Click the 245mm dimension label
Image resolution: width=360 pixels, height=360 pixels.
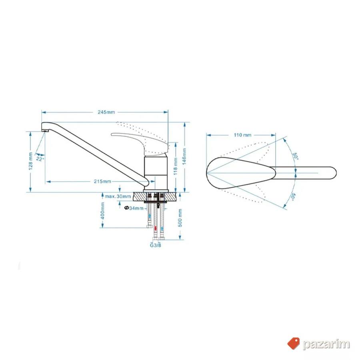(106, 112)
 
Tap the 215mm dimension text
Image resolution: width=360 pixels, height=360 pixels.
(102, 182)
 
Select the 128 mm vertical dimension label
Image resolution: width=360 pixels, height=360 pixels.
(30, 162)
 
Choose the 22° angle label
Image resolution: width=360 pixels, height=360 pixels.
(40, 159)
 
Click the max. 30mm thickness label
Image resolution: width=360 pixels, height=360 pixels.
(118, 196)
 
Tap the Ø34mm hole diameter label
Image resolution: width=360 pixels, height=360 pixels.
(134, 208)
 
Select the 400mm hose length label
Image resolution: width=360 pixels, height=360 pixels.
(103, 211)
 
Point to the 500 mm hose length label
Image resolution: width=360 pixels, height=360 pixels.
(180, 218)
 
